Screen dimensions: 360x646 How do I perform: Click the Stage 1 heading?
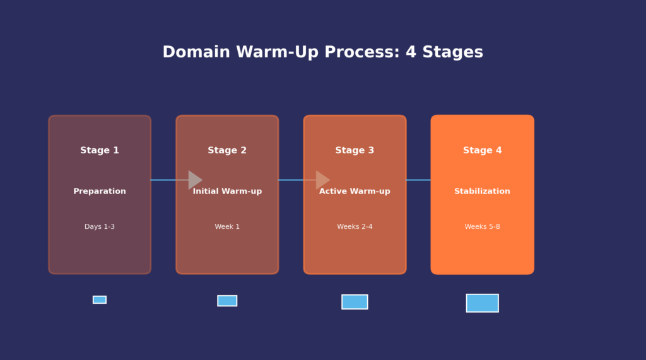click(100, 151)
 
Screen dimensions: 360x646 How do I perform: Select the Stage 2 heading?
click(227, 151)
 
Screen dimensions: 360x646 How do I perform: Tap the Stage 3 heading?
click(355, 151)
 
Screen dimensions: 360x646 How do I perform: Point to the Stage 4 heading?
click(483, 151)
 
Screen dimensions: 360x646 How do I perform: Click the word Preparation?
click(100, 192)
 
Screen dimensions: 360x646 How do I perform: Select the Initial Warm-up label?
click(227, 192)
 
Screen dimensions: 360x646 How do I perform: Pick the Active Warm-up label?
click(355, 192)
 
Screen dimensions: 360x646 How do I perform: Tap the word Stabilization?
click(483, 192)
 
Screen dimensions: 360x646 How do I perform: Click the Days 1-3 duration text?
click(100, 227)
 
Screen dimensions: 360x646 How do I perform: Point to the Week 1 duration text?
click(227, 227)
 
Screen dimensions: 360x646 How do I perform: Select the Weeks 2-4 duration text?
click(355, 227)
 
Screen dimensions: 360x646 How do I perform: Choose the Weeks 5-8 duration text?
click(483, 227)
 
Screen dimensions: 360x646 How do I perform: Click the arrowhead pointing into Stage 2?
click(194, 180)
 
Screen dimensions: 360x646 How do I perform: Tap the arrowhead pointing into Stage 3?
click(322, 180)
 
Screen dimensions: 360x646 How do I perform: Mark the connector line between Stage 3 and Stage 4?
click(418, 180)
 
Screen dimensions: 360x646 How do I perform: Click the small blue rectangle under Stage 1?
click(100, 299)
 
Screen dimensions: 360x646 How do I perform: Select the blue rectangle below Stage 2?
click(227, 301)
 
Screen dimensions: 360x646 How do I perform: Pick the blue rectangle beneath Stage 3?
click(355, 302)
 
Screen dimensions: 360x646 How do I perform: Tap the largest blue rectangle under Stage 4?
click(483, 303)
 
